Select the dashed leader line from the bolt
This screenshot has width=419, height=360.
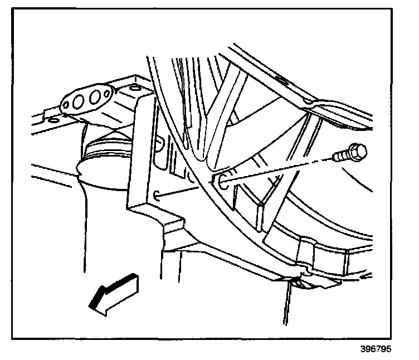279,169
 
